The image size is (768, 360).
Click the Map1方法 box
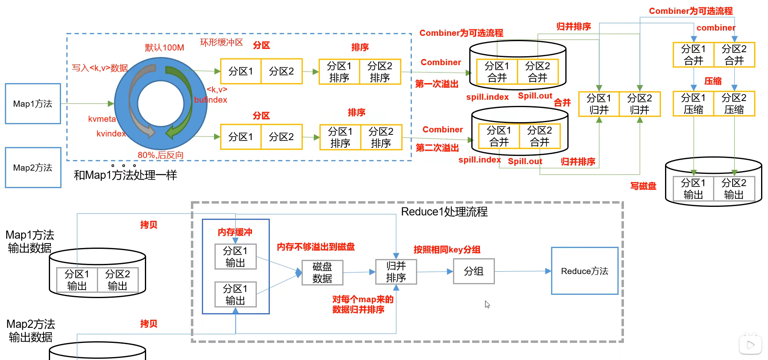coord(33,104)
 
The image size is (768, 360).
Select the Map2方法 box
coord(33,167)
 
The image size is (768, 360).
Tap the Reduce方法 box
coord(584,271)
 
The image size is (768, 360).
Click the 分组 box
coord(474,271)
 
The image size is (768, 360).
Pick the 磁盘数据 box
coord(322,272)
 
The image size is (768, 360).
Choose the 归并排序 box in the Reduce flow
coord(396,272)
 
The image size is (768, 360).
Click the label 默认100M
coord(164,48)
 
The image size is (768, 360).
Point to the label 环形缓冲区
coord(221,42)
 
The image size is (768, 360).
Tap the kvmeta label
coord(102,119)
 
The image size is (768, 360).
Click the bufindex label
coord(210,100)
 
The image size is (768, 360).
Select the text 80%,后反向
coord(160,155)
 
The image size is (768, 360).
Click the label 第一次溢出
coord(437,84)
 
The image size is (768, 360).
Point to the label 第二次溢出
coord(437,148)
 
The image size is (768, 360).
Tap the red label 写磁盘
coord(643,186)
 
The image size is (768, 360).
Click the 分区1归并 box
coord(599,104)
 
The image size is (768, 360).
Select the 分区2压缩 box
coord(734,104)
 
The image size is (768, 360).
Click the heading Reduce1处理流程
coord(444,212)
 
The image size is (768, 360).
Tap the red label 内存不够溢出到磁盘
coord(316,247)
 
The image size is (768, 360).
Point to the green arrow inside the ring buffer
coord(181,102)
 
